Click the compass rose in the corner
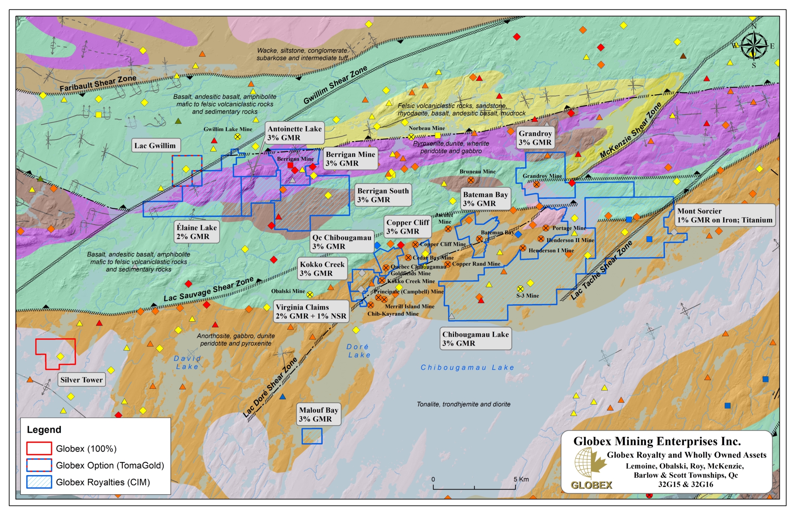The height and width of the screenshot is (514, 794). pyautogui.click(x=754, y=46)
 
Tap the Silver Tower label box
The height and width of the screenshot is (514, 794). pyautogui.click(x=81, y=380)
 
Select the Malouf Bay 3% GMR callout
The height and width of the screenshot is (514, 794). pyautogui.click(x=319, y=414)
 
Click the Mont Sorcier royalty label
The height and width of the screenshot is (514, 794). pyautogui.click(x=724, y=215)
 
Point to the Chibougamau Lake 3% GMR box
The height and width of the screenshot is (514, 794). pyautogui.click(x=475, y=339)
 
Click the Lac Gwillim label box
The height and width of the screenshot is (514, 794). pyautogui.click(x=155, y=145)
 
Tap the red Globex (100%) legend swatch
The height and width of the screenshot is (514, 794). pyautogui.click(x=39, y=448)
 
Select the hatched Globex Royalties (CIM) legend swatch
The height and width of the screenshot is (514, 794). pyautogui.click(x=39, y=482)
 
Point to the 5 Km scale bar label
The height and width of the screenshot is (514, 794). pyautogui.click(x=521, y=479)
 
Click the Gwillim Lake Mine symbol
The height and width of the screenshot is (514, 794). pyautogui.click(x=237, y=137)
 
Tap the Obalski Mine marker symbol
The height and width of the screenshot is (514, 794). pyautogui.click(x=310, y=294)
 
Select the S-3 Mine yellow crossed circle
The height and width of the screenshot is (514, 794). pyautogui.click(x=520, y=289)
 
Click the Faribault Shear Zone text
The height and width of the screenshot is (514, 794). pyautogui.click(x=98, y=83)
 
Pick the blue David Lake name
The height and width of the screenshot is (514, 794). pyautogui.click(x=187, y=362)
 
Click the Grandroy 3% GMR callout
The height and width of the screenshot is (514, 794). pyautogui.click(x=535, y=138)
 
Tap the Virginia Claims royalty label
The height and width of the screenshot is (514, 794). pyautogui.click(x=311, y=312)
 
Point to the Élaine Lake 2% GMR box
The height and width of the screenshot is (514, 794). pyautogui.click(x=197, y=232)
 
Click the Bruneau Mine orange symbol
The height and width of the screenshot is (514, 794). pyautogui.click(x=471, y=180)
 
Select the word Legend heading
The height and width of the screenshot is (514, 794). pyautogui.click(x=44, y=429)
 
